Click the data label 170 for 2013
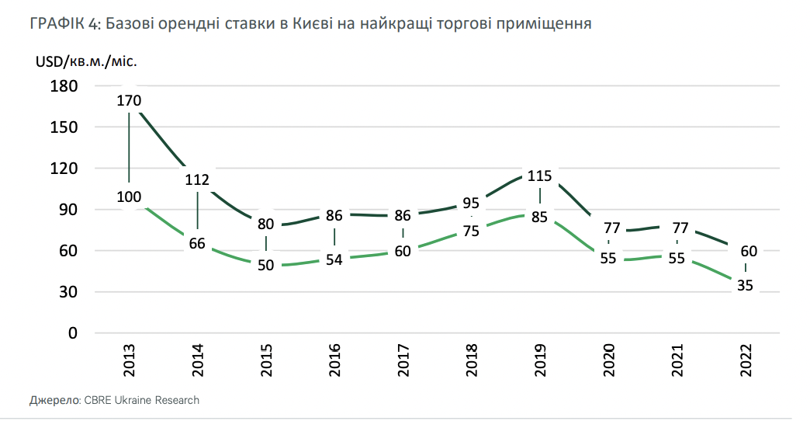click(x=129, y=100)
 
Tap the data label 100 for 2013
click(x=129, y=197)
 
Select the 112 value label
click(x=197, y=180)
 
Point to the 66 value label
click(x=197, y=243)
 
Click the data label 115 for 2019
click(x=539, y=176)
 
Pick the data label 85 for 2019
click(x=539, y=217)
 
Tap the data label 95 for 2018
click(x=471, y=204)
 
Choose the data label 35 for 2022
click(x=745, y=285)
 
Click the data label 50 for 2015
click(x=265, y=265)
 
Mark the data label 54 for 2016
click(x=334, y=259)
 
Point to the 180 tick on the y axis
click(x=65, y=86)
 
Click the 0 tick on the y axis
click(x=74, y=333)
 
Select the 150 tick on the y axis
click(x=65, y=127)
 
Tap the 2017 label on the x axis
click(x=403, y=360)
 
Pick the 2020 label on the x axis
click(x=608, y=360)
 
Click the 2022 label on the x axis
click(x=745, y=360)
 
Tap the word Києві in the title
click(x=310, y=24)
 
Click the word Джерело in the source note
click(x=54, y=401)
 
